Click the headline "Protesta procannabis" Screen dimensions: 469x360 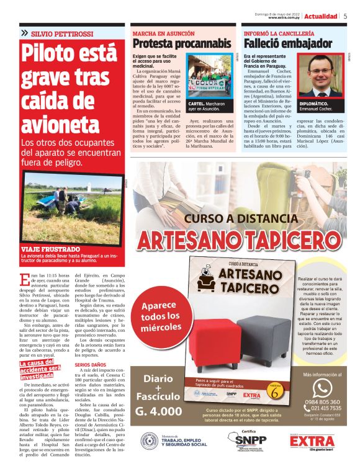pos(181,43)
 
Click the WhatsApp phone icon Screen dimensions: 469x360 pos(322,388)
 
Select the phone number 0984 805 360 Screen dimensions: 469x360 pos(322,402)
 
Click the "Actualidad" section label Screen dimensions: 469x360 pos(321,16)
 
